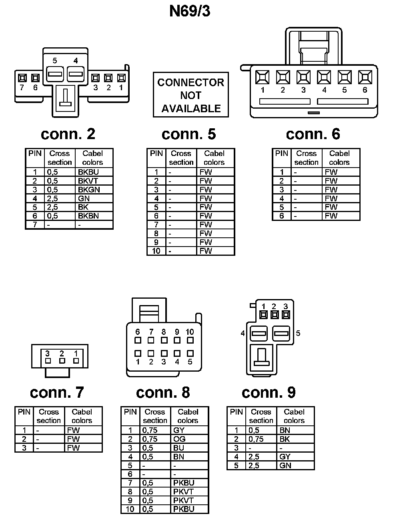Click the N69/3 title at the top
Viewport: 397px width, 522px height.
click(190, 11)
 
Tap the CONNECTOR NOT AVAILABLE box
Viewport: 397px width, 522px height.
click(191, 95)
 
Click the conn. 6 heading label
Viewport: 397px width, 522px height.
click(313, 134)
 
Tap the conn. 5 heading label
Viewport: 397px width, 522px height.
click(188, 134)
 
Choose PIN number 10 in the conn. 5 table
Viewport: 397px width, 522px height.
click(156, 251)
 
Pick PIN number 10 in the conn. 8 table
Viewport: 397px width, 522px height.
click(130, 509)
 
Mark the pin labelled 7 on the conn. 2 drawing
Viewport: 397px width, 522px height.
click(22, 77)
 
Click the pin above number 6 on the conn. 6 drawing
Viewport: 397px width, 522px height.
click(365, 77)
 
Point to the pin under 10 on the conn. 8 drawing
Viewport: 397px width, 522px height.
click(190, 340)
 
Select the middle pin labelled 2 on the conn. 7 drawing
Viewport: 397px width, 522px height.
click(62, 360)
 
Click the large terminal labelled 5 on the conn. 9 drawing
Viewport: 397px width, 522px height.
click(281, 333)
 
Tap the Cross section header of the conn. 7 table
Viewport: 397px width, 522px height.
click(48, 416)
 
